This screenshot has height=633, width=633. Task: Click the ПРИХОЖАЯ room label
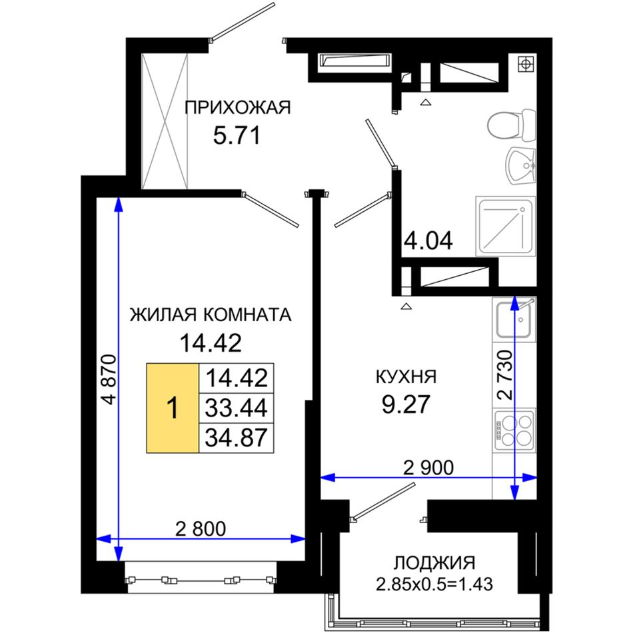pos(237,108)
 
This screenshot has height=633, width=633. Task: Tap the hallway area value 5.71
pos(237,135)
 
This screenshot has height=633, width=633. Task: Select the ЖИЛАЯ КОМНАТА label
pos(211,315)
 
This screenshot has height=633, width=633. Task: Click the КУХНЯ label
pos(406,376)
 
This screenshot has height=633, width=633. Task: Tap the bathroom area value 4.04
pos(428,241)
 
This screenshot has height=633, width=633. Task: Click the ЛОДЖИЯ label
pos(434,562)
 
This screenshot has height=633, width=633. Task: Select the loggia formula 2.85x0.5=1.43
pos(434,584)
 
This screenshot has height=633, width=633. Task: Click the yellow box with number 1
pos(173,408)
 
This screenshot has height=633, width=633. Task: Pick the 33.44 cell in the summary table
pos(237,408)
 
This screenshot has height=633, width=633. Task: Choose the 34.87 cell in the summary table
pos(237,438)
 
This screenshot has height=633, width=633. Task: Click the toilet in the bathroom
pos(512,125)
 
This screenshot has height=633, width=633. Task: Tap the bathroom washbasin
pos(521,165)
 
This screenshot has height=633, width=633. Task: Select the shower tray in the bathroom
pos(506,226)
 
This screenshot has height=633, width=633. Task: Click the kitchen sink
pos(514,320)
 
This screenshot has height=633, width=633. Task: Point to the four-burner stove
pos(514,430)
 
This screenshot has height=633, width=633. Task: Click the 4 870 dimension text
pos(109,379)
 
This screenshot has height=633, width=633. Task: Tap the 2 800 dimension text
pos(201,528)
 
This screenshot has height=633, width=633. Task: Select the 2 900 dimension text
pos(428,468)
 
